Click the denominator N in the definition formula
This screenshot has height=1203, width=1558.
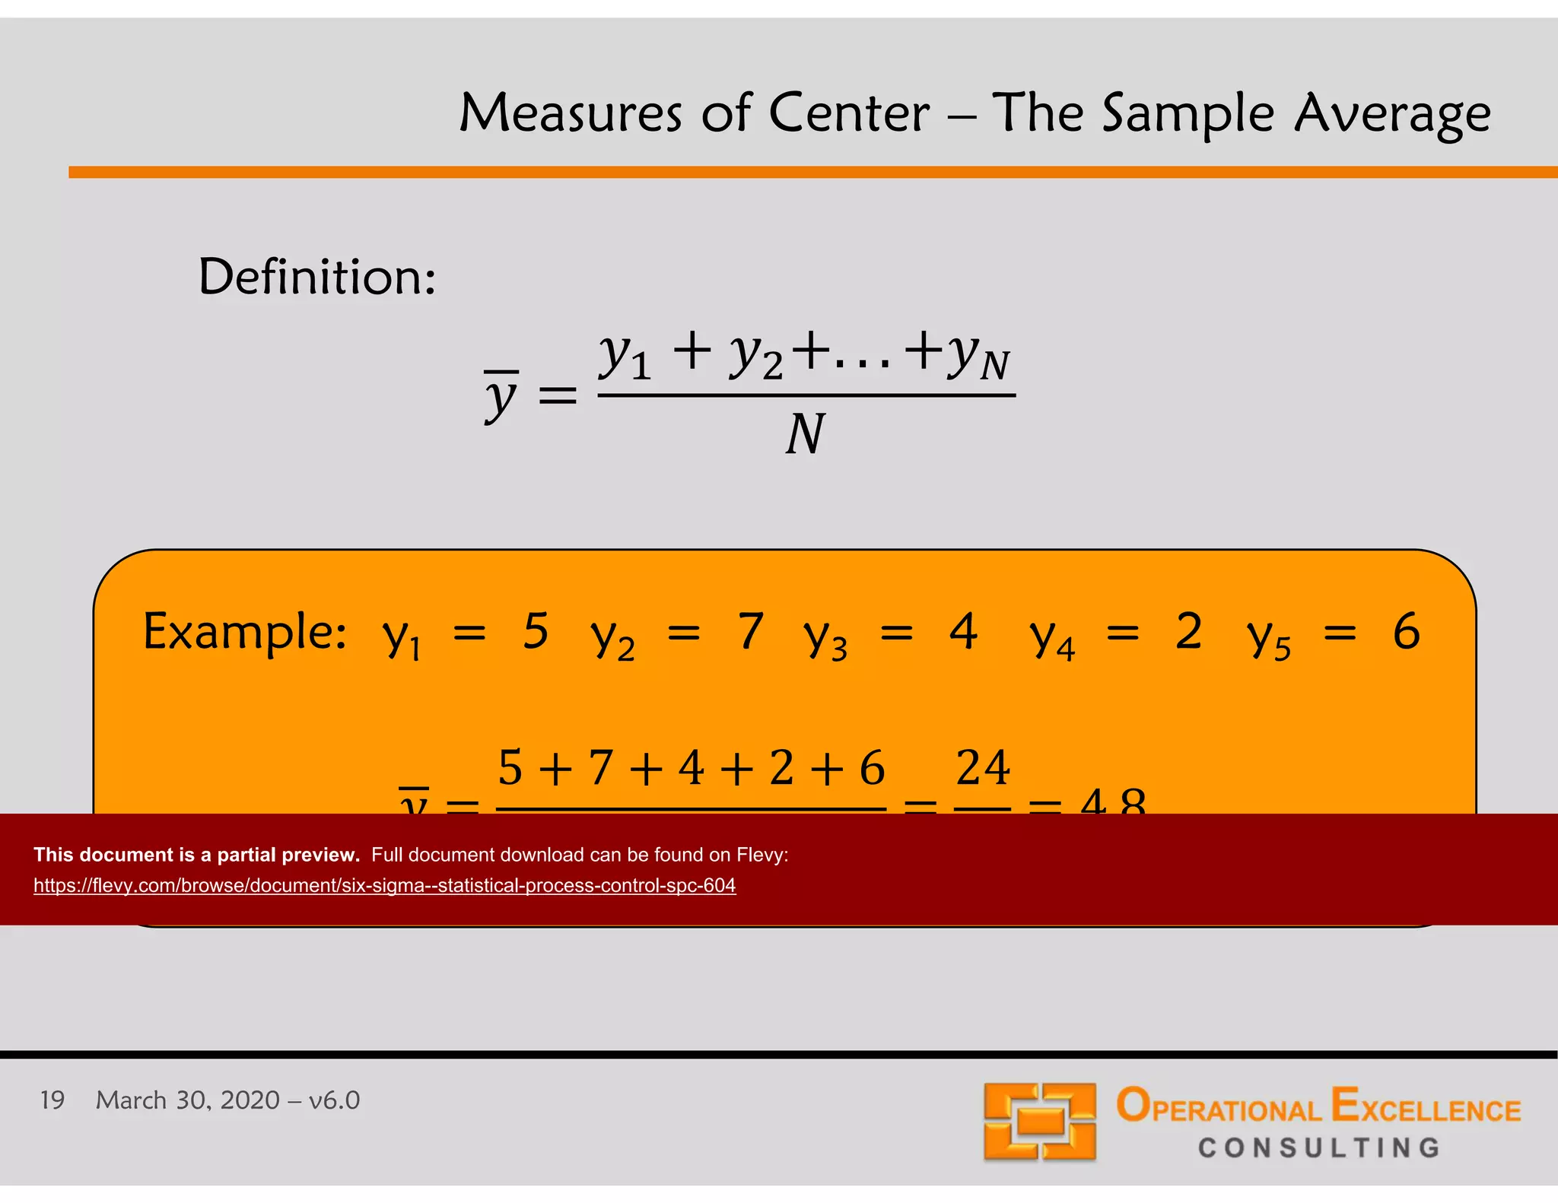point(805,434)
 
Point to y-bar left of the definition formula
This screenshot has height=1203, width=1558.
point(501,395)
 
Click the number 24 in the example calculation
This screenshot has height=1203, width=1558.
point(983,767)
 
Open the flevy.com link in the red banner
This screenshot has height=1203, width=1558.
point(384,885)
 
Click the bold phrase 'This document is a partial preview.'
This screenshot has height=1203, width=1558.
point(196,855)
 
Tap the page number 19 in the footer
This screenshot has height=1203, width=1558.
point(52,1100)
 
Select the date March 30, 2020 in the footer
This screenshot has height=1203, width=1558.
point(188,1100)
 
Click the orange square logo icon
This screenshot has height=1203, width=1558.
point(1039,1121)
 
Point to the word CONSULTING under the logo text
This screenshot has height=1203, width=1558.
point(1319,1147)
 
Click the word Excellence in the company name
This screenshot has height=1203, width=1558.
point(1426,1106)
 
